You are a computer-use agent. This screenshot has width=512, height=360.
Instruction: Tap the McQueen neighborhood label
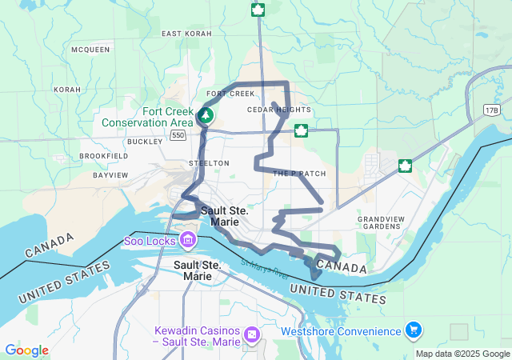pos(90,50)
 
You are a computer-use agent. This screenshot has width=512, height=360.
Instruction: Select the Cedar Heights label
pos(279,110)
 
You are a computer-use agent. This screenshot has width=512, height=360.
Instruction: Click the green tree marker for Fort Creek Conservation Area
pos(206,116)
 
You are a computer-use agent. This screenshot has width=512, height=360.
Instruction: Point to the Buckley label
pos(144,141)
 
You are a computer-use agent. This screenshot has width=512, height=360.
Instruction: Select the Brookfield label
pos(104,156)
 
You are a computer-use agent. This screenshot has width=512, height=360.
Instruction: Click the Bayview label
pos(110,174)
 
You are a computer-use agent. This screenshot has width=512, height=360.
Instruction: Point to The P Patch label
pos(300,174)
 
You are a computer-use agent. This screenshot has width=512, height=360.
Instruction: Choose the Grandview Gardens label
pos(379,222)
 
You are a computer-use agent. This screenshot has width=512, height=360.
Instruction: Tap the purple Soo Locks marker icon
pos(187,239)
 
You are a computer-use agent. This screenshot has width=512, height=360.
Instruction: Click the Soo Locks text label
pos(150,240)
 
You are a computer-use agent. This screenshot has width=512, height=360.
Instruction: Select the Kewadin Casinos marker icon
pos(252,333)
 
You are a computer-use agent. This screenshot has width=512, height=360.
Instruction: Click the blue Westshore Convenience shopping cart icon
pos(414,330)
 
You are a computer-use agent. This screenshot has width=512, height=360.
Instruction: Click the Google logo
pos(26,350)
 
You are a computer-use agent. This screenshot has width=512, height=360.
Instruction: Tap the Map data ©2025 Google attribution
pos(462,354)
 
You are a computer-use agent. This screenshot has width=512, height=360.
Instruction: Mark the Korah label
pos(67,90)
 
